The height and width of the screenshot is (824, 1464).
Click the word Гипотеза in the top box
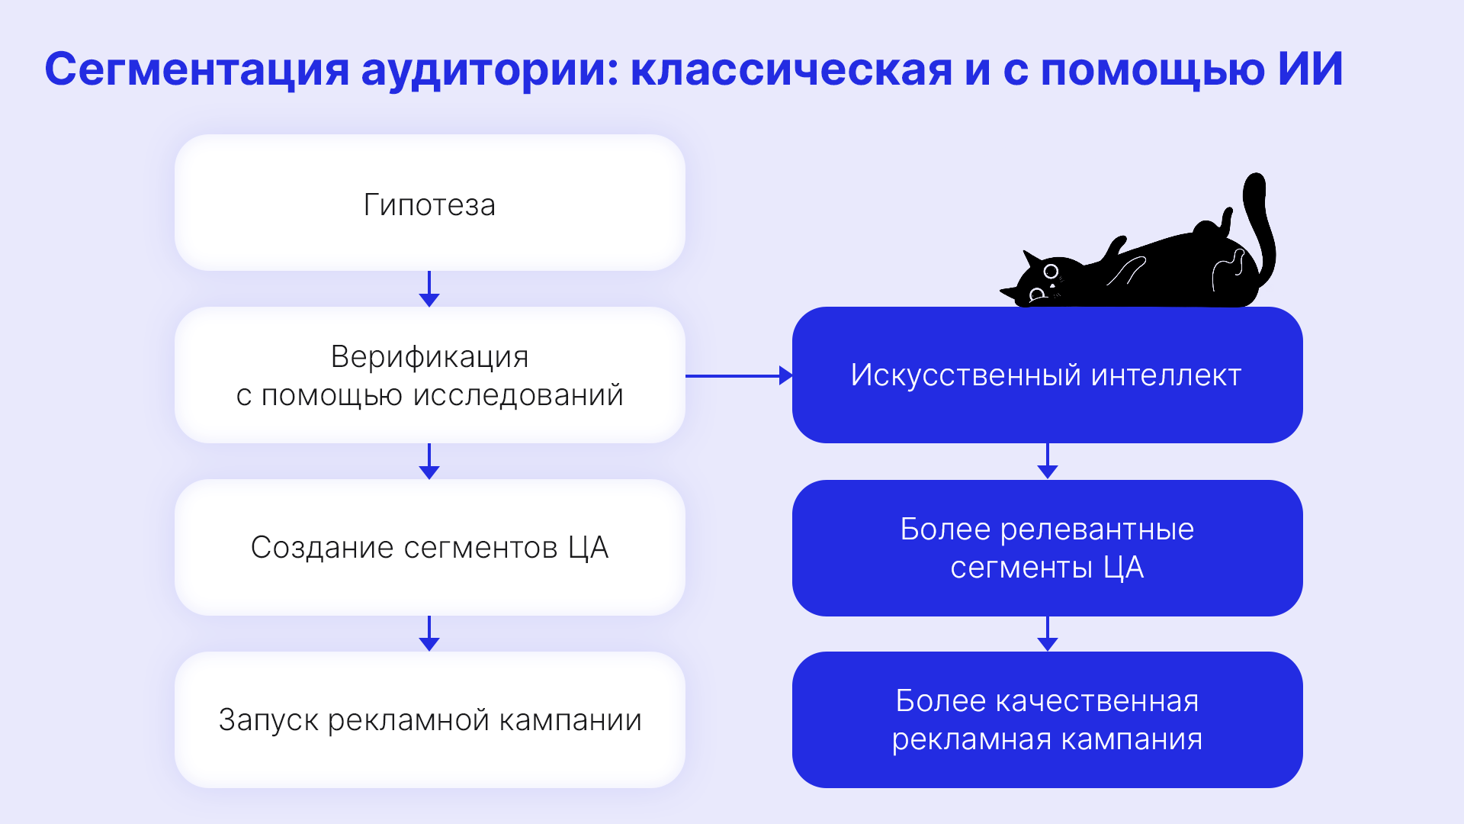click(x=429, y=204)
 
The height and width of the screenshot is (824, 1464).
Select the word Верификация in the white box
click(x=429, y=356)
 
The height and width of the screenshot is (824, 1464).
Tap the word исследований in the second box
click(x=518, y=395)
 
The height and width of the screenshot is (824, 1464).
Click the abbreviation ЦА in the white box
click(x=588, y=548)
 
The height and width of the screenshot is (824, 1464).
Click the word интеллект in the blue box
click(x=1166, y=375)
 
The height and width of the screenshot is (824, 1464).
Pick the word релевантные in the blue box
click(x=1097, y=529)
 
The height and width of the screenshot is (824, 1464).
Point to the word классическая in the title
click(x=791, y=69)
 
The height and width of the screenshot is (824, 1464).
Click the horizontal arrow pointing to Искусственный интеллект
click(x=739, y=375)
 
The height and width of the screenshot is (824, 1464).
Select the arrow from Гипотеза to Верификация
click(x=429, y=289)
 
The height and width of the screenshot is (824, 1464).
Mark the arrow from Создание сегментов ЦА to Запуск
click(x=429, y=633)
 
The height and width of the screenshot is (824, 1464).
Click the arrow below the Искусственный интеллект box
click(x=1048, y=461)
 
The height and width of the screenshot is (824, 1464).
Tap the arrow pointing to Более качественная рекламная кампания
click(x=1048, y=633)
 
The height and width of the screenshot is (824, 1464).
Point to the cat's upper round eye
click(x=1051, y=271)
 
